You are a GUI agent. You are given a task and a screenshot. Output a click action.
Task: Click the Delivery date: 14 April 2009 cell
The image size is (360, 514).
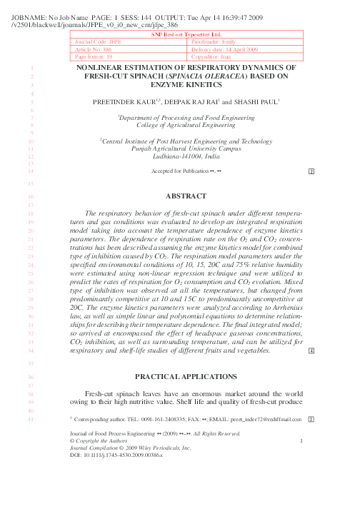click(x=229, y=49)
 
